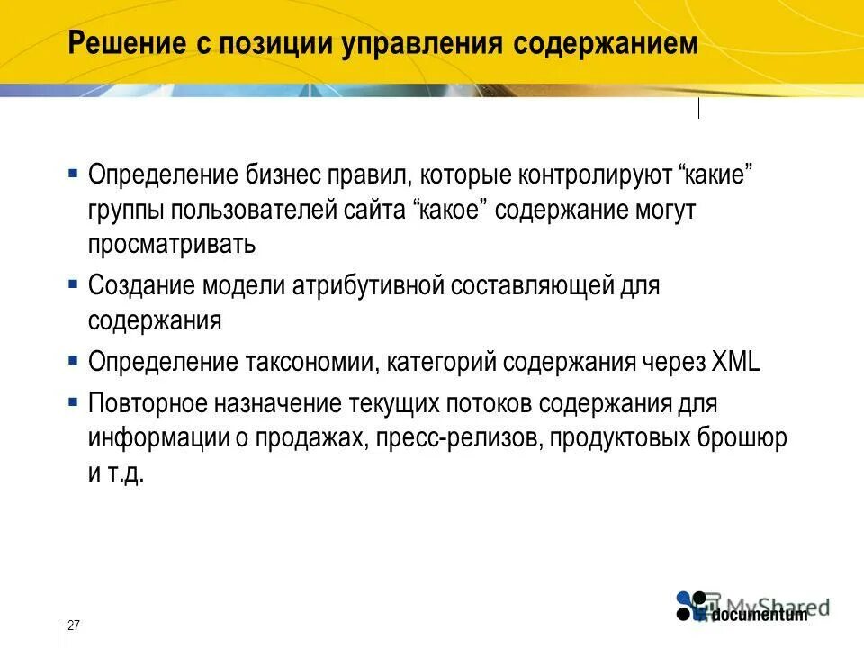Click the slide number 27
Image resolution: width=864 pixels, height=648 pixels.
click(74, 625)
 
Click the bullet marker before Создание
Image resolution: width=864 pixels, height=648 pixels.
click(72, 283)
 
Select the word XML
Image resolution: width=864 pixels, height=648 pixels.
click(735, 362)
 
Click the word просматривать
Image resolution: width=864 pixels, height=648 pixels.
click(172, 244)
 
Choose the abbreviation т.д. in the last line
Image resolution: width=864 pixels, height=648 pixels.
click(125, 473)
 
